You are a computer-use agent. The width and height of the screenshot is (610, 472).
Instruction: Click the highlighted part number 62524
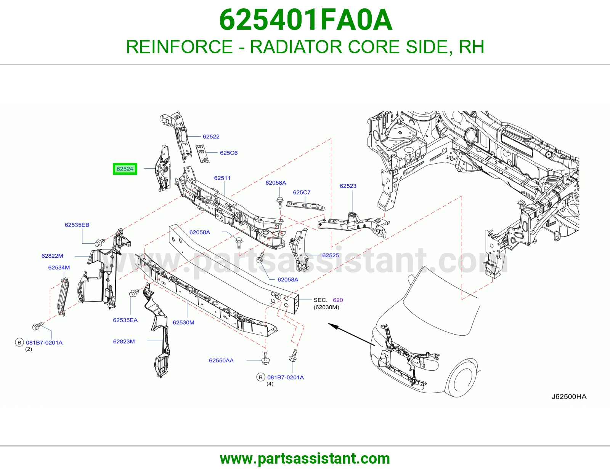[125, 169]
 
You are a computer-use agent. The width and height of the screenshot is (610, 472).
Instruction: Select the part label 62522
[211, 137]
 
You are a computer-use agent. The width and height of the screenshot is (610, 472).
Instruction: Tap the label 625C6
[228, 153]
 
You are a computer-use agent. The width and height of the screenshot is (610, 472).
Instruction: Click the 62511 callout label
[222, 178]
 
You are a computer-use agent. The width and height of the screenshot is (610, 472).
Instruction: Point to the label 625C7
[302, 192]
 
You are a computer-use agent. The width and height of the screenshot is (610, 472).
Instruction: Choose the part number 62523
[348, 186]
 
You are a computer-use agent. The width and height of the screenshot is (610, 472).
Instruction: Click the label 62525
[331, 255]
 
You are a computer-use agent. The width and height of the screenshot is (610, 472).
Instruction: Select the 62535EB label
[77, 225]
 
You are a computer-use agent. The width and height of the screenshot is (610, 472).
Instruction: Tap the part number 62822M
[52, 256]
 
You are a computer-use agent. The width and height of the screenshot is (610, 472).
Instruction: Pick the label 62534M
[59, 267]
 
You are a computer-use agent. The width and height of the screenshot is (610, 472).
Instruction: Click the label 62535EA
[125, 320]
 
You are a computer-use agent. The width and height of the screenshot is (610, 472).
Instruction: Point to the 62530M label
[183, 322]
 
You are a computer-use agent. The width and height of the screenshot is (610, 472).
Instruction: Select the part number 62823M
[124, 341]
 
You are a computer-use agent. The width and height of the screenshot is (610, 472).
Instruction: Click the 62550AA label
[221, 360]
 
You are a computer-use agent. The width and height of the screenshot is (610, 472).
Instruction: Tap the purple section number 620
[338, 300]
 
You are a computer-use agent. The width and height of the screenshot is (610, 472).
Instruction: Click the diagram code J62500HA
[569, 397]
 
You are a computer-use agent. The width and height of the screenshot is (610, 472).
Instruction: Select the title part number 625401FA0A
[305, 20]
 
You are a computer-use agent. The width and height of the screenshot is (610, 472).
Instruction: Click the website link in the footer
[305, 459]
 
